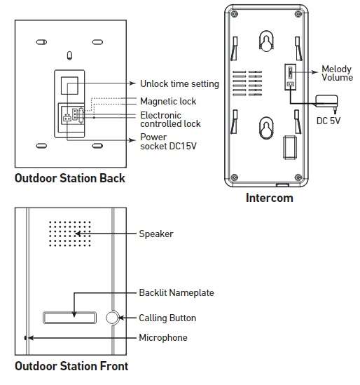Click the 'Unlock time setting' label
179,83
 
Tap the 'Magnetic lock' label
168,101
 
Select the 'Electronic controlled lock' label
170,120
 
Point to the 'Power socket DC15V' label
168,142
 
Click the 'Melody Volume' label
337,73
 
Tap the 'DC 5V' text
328,121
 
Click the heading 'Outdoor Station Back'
70,178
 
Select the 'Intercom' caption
270,198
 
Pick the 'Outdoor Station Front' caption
71,366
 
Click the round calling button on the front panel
112,318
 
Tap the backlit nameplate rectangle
69,318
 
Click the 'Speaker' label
156,234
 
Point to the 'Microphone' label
163,337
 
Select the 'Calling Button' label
167,318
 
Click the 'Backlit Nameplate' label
176,292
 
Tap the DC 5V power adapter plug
327,102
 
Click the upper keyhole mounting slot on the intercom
266,41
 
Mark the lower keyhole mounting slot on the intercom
266,128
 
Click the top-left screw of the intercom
234,14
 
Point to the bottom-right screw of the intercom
298,177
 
